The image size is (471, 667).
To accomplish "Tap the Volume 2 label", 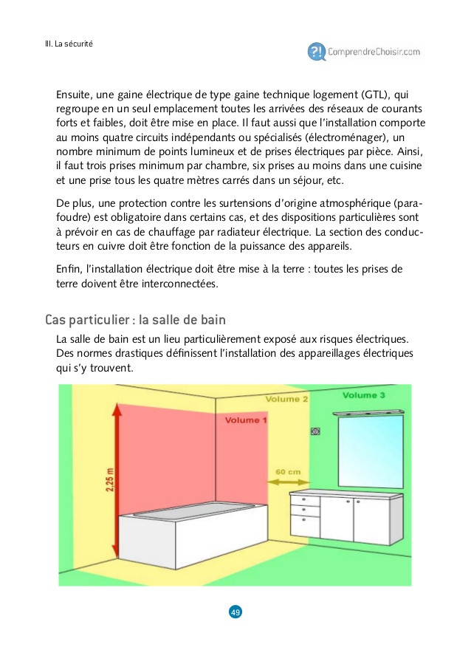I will pyautogui.click(x=287, y=399).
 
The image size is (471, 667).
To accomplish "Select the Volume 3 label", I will pyautogui.click(x=363, y=395).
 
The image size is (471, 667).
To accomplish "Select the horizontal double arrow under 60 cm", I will pyautogui.click(x=287, y=482).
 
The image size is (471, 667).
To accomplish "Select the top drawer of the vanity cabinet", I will pyautogui.click(x=304, y=500).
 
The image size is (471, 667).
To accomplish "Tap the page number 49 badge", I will pyautogui.click(x=235, y=612).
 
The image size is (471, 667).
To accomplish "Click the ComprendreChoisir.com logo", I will pyautogui.click(x=365, y=51).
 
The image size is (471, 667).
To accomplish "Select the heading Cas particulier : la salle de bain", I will pyautogui.click(x=135, y=320).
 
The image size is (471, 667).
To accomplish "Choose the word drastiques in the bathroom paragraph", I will pyautogui.click(x=128, y=353).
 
